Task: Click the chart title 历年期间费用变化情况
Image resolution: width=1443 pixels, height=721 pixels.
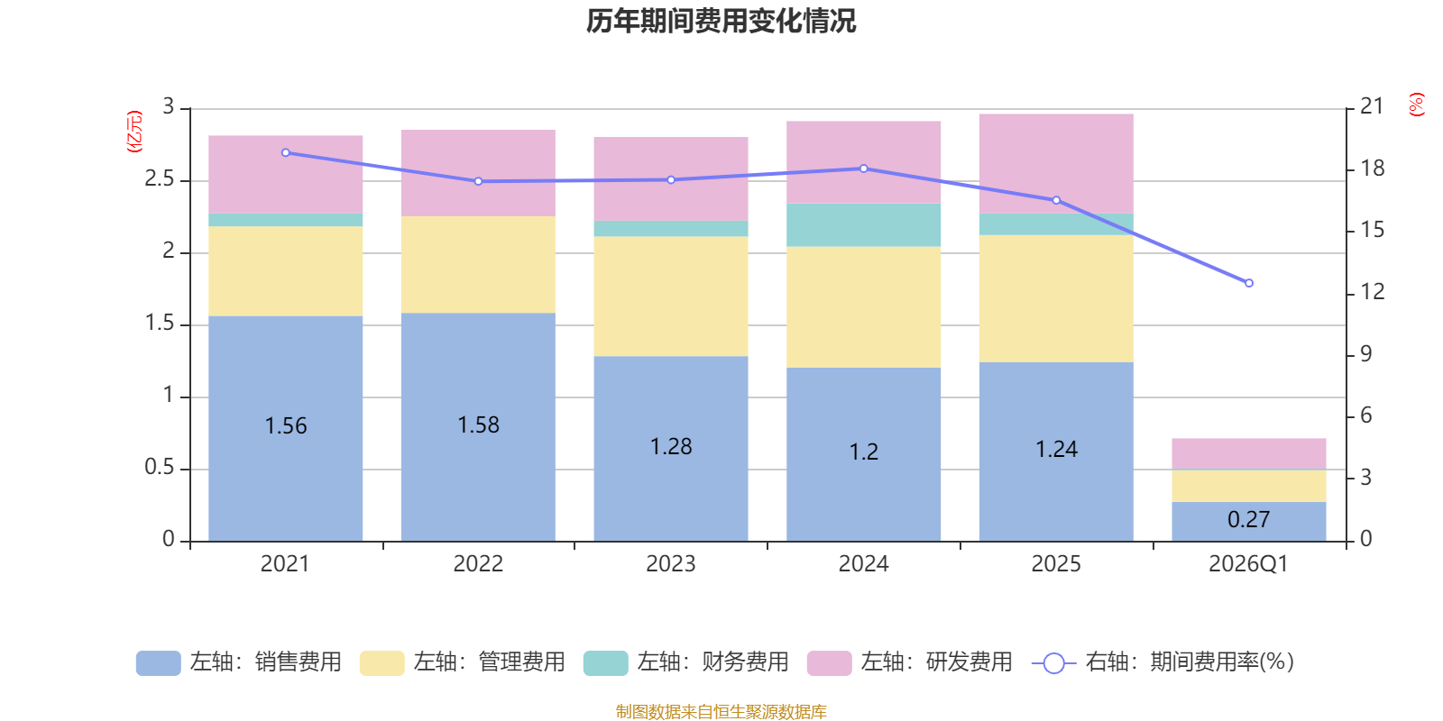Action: coord(721,21)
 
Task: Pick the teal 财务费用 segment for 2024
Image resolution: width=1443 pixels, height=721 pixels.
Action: coord(863,225)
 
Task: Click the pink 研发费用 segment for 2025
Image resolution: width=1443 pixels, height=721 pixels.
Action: coord(1055,162)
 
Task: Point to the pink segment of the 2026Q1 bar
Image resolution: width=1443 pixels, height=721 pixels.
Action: coord(1248,453)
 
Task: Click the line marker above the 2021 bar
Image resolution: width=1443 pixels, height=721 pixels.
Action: coord(286,152)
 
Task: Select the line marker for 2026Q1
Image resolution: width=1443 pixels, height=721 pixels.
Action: coord(1249,283)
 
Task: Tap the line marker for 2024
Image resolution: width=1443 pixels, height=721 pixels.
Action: coord(864,169)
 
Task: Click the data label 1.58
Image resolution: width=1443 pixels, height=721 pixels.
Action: coord(478,425)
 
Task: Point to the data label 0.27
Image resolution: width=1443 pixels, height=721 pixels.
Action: coord(1248,520)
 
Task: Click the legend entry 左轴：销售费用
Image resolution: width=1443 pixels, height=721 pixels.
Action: coord(239,662)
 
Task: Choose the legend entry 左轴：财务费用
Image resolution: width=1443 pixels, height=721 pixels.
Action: coord(686,662)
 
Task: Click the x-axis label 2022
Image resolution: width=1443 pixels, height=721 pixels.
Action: coord(478,564)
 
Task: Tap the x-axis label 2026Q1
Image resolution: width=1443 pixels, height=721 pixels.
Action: coord(1248,564)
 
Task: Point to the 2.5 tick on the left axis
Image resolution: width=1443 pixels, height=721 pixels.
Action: coord(160,179)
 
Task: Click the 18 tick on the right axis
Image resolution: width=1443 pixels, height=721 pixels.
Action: coord(1372,169)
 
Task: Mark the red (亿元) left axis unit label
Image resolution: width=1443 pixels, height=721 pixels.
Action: coord(134,132)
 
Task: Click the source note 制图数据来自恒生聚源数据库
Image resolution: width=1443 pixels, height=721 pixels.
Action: coord(721,712)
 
